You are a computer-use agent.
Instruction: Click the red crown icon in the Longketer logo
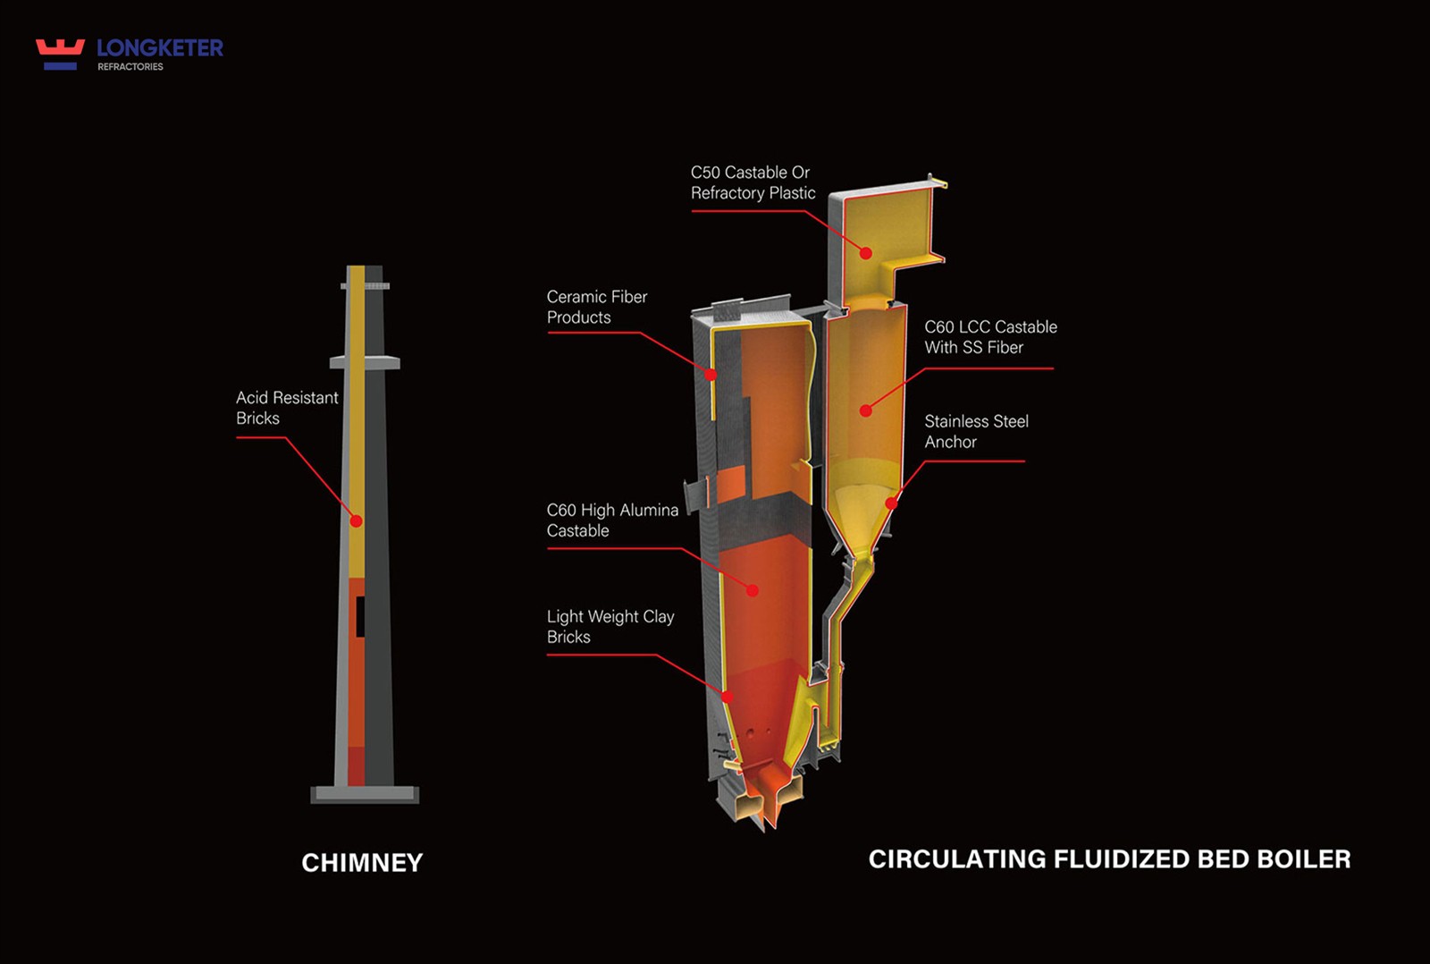click(60, 55)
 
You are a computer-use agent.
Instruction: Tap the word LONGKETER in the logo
click(160, 48)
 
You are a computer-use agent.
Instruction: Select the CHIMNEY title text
click(362, 863)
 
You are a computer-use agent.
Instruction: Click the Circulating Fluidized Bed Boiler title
click(1109, 859)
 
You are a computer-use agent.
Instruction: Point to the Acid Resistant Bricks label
click(287, 408)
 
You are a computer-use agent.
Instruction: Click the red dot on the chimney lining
click(357, 521)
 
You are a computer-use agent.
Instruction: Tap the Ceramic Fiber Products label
click(597, 307)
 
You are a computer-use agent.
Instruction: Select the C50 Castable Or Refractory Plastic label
click(753, 182)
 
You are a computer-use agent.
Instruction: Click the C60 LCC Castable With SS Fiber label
click(990, 337)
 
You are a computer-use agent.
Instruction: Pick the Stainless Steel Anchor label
click(976, 432)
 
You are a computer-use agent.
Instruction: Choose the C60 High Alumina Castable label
click(612, 520)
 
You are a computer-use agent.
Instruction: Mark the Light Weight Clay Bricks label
click(610, 627)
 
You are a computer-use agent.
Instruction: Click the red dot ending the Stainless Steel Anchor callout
click(892, 503)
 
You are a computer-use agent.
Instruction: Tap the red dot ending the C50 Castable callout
click(866, 253)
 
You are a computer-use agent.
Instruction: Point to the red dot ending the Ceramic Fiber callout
click(711, 375)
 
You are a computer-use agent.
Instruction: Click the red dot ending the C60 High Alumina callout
click(753, 591)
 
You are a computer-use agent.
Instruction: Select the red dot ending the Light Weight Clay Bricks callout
click(728, 697)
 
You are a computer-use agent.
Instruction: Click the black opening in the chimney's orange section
click(361, 616)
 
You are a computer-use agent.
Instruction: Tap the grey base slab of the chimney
click(365, 795)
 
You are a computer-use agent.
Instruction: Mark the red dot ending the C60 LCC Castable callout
click(866, 410)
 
